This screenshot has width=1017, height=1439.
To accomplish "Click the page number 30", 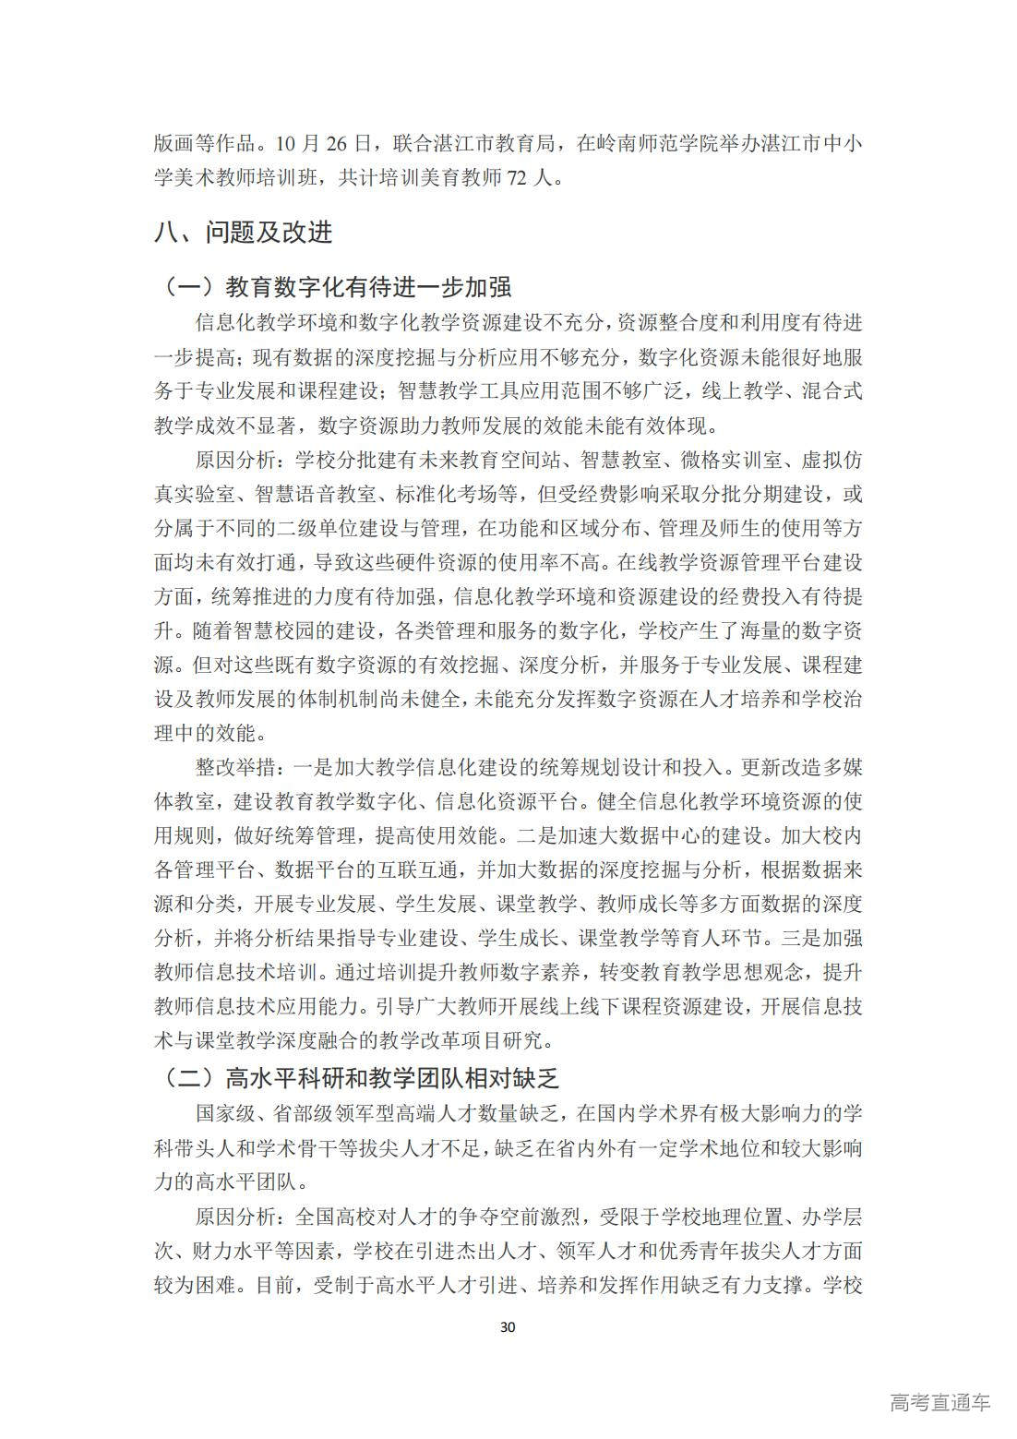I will tap(507, 1327).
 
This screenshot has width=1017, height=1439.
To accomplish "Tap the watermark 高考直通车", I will tap(940, 1402).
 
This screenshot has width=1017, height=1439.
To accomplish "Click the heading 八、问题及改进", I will tap(244, 233).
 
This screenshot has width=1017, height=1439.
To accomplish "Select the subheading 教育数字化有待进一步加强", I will tap(368, 286).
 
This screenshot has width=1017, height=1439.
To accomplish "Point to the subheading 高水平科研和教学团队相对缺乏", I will tap(391, 1077).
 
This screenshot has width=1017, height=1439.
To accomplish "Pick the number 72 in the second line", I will tap(519, 177).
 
